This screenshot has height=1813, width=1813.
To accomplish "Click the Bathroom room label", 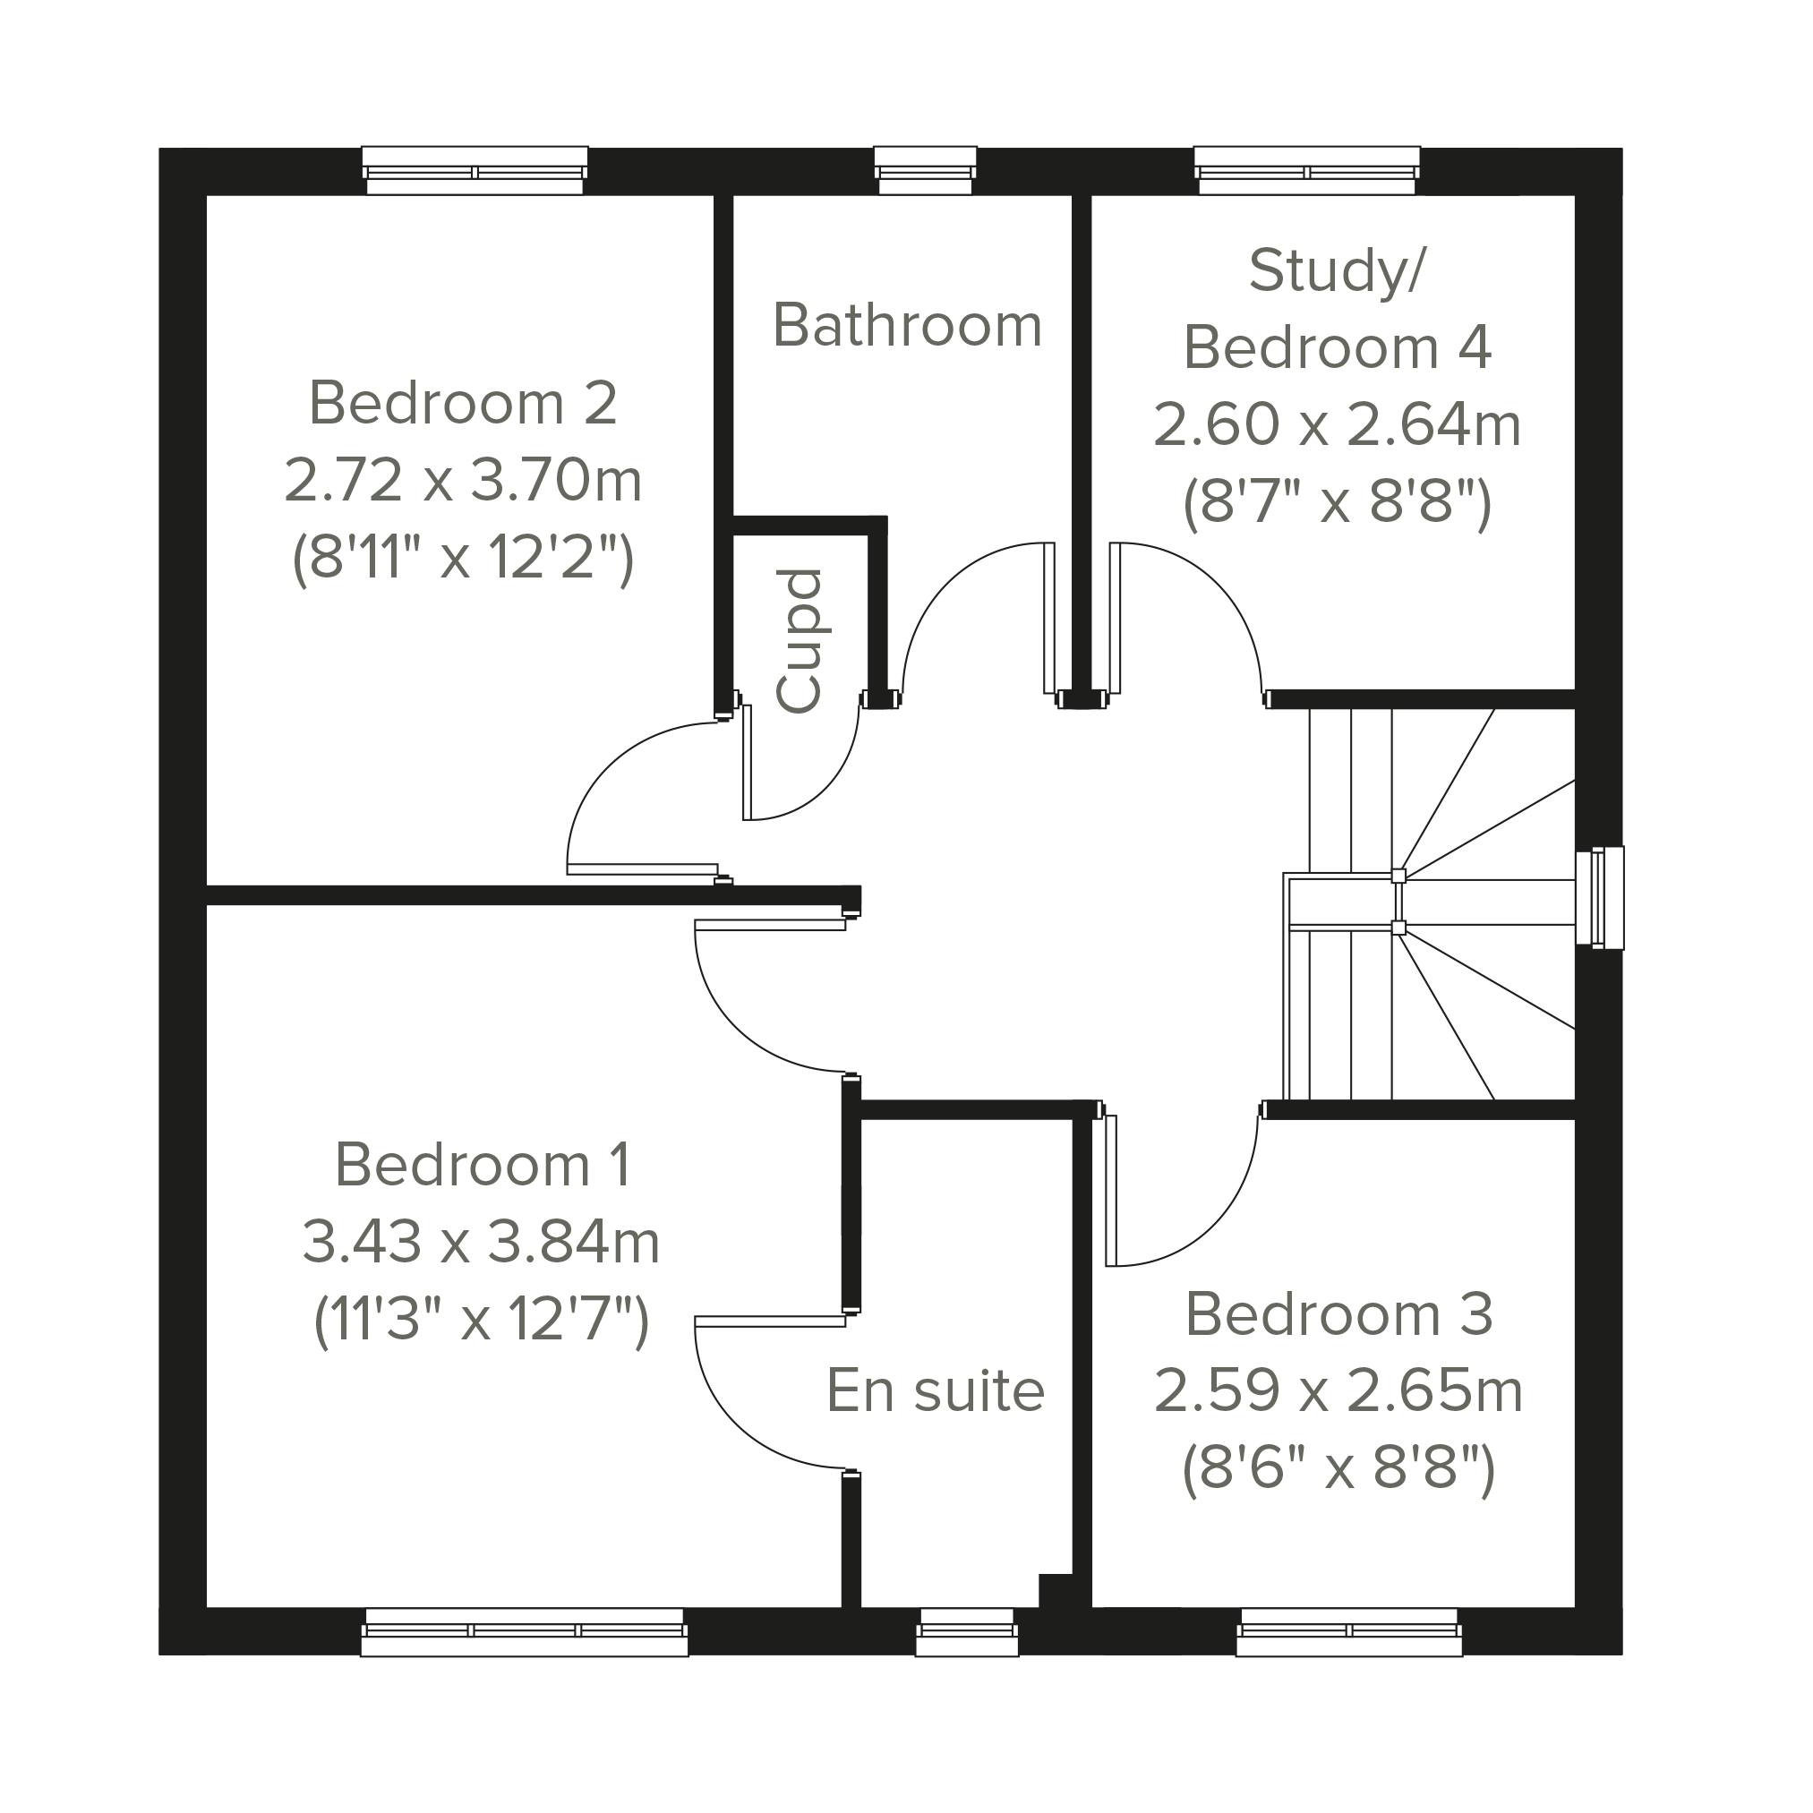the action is [x=908, y=325].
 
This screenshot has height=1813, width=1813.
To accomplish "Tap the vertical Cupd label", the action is [x=800, y=641].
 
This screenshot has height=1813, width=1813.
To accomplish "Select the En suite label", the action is [x=936, y=1390].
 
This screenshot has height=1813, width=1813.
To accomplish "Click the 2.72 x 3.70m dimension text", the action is [x=463, y=480].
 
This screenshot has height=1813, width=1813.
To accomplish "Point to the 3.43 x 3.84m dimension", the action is [x=481, y=1242].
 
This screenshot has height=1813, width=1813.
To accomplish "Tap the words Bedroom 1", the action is [x=483, y=1165].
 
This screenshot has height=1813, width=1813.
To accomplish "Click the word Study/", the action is [x=1337, y=270].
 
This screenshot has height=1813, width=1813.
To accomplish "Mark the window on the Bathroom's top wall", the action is [x=925, y=171].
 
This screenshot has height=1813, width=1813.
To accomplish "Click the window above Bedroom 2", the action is [x=475, y=171].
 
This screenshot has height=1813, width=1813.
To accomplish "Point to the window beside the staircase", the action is [x=1599, y=897].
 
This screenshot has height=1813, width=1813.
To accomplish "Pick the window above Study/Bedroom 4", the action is [x=1307, y=171].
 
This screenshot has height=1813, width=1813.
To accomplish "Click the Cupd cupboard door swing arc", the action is [x=830, y=782].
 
